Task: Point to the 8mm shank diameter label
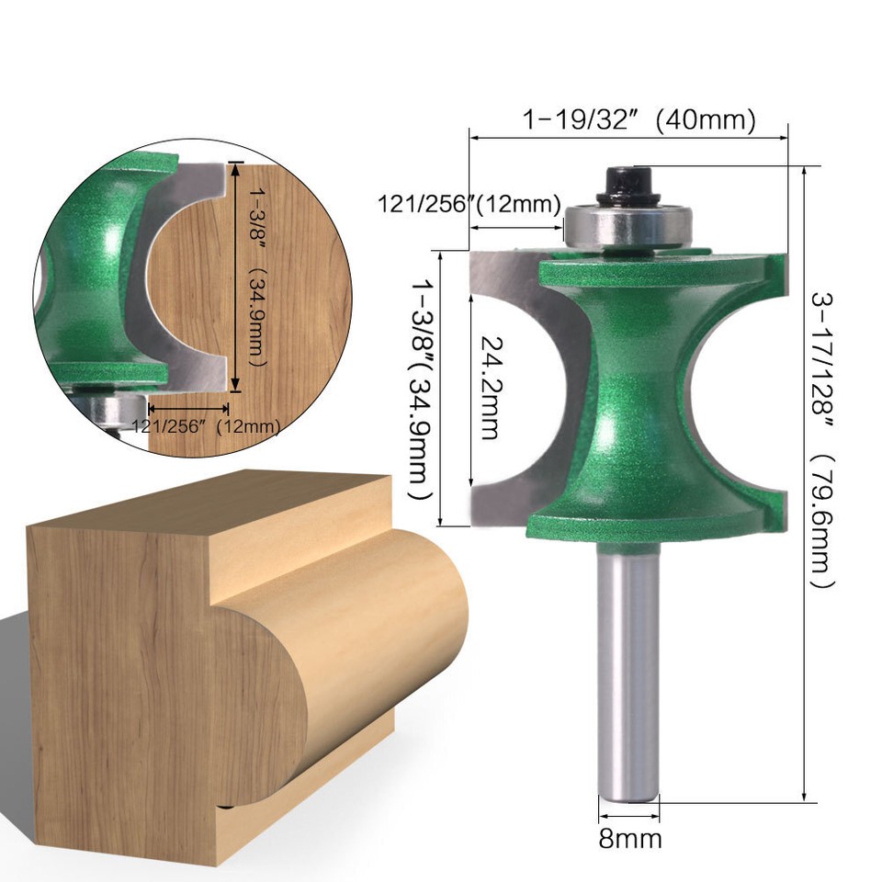tap(630, 838)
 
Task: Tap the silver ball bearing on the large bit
tap(627, 225)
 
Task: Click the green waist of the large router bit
tap(634, 395)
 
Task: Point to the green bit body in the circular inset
tap(92, 276)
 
